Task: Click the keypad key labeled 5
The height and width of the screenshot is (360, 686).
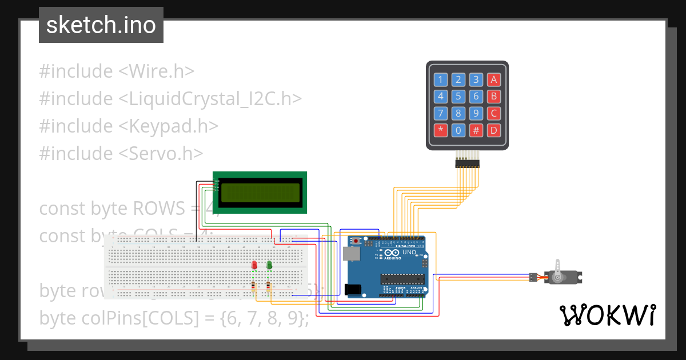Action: click(458, 96)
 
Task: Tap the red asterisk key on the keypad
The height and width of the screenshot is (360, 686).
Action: click(440, 130)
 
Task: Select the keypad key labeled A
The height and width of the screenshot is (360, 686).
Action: click(494, 79)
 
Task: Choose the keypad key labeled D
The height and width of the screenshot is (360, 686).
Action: click(494, 130)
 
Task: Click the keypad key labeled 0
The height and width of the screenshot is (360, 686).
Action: click(458, 130)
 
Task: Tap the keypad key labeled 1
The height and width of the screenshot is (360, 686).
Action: click(440, 79)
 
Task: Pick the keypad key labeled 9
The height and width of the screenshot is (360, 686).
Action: click(476, 113)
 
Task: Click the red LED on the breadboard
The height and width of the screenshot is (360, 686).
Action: click(254, 265)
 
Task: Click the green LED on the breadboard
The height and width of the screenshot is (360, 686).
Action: click(269, 265)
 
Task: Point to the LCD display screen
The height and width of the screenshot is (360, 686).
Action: click(260, 193)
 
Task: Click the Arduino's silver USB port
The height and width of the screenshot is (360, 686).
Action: click(349, 254)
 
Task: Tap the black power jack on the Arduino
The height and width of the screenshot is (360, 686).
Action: click(354, 290)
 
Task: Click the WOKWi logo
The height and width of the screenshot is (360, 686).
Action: click(607, 315)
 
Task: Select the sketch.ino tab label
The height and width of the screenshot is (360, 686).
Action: click(101, 26)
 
